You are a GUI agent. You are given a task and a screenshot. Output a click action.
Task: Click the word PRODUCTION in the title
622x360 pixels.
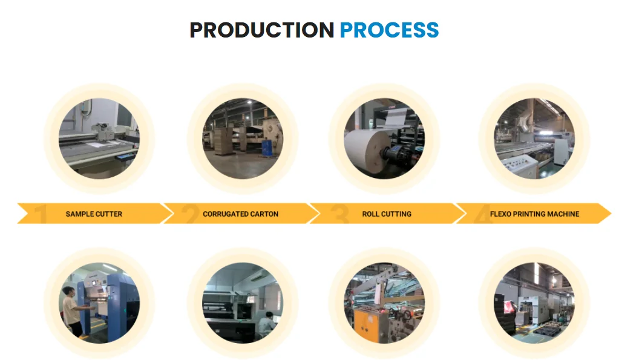(261, 30)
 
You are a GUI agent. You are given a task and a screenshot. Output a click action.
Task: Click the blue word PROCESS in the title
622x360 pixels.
(389, 30)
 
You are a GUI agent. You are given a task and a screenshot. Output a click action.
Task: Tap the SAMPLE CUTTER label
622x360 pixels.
(94, 214)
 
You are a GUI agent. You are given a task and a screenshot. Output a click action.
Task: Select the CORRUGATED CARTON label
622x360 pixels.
(240, 214)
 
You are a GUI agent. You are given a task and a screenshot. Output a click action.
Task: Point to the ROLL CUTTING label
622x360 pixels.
(387, 214)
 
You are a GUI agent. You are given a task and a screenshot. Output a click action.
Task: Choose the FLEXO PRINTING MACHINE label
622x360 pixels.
(534, 214)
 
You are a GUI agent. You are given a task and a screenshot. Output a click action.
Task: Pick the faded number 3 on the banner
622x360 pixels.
(339, 215)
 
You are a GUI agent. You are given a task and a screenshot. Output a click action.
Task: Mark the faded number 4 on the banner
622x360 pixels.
(483, 215)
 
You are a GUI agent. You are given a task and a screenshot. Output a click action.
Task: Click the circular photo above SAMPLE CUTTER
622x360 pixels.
(99, 139)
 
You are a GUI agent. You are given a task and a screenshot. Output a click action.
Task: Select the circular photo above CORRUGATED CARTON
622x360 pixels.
(242, 139)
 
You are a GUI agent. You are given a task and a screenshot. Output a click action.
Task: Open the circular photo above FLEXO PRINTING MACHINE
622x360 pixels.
(534, 139)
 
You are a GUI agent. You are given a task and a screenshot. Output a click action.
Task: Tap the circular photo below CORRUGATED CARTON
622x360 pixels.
(242, 303)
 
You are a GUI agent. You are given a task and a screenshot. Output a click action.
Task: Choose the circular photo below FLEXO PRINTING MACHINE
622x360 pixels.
(534, 303)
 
